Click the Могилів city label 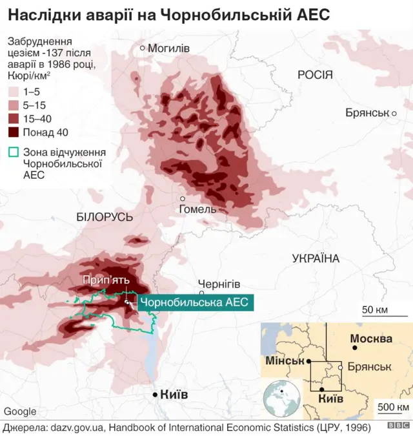(168, 48)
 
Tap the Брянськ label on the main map (367, 112)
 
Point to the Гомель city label (198, 209)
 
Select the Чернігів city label (219, 284)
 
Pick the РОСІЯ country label (315, 75)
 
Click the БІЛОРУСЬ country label (104, 217)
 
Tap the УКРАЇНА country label (316, 258)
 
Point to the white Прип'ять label (106, 280)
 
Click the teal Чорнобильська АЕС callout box (193, 302)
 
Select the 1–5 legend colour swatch (14, 92)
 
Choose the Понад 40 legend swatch (14, 132)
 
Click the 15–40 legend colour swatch (14, 119)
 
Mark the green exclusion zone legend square (14, 153)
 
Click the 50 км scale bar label (374, 309)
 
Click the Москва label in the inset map (371, 338)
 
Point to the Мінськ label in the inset (285, 360)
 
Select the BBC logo (398, 427)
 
